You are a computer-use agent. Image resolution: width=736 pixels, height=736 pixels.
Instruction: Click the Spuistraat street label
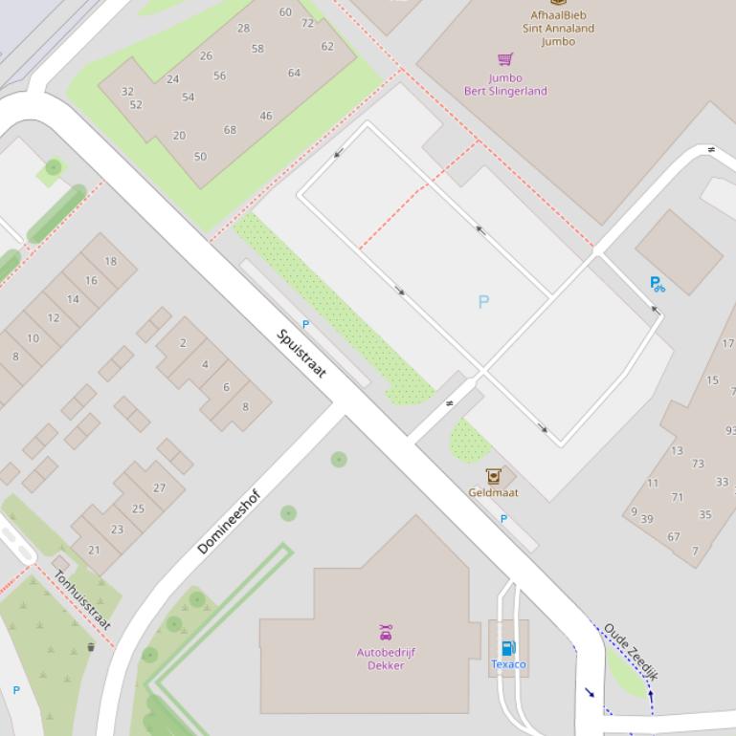pyautogui.click(x=301, y=354)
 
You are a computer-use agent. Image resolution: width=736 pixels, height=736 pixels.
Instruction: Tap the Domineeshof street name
pyautogui.click(x=229, y=522)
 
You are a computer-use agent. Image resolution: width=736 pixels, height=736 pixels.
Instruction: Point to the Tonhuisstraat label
pyautogui.click(x=82, y=600)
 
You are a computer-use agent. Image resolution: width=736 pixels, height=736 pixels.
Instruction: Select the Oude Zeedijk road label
pyautogui.click(x=631, y=652)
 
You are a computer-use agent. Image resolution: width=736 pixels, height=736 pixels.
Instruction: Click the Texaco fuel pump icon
pyautogui.click(x=508, y=648)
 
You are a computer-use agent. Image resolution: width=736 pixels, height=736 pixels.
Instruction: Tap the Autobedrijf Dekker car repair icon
pyautogui.click(x=385, y=633)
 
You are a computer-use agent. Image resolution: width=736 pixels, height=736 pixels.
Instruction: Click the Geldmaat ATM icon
pyautogui.click(x=493, y=476)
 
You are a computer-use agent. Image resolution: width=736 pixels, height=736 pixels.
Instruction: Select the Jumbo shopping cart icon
pyautogui.click(x=505, y=60)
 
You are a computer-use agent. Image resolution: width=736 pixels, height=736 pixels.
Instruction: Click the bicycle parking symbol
pyautogui.click(x=657, y=284)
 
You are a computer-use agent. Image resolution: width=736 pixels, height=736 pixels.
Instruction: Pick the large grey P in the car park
pyautogui.click(x=483, y=302)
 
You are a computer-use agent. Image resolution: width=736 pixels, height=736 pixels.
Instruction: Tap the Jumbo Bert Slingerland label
pyautogui.click(x=505, y=85)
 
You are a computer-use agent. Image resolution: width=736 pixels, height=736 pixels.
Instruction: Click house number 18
pyautogui.click(x=111, y=261)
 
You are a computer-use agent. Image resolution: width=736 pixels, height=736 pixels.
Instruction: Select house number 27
pyautogui.click(x=159, y=487)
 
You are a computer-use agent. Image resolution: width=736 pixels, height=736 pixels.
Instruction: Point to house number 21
pyautogui.click(x=94, y=550)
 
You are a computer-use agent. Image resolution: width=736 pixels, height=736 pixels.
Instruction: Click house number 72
pyautogui.click(x=307, y=23)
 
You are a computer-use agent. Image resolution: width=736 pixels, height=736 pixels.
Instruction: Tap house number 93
pyautogui.click(x=730, y=431)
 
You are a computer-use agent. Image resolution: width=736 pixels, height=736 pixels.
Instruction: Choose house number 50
pyautogui.click(x=200, y=157)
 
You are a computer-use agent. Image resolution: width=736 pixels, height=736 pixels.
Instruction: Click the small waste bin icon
pyautogui.click(x=91, y=647)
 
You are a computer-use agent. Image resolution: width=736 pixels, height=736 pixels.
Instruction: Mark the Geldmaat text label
pyautogui.click(x=493, y=493)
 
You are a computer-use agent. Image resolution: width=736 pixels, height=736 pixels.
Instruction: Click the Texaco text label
pyautogui.click(x=508, y=664)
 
